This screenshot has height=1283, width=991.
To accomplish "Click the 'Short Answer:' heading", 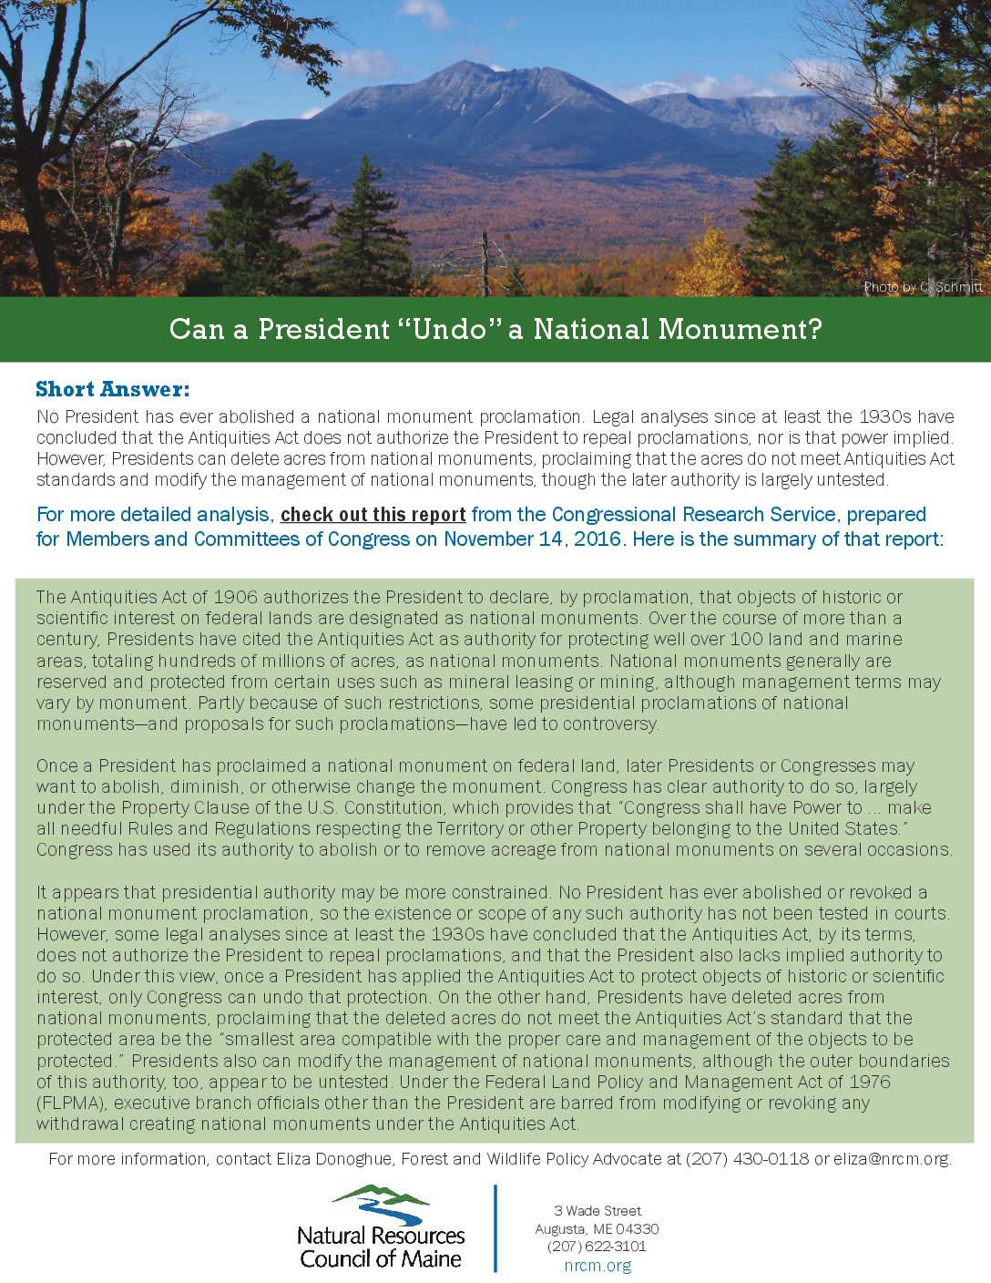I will tap(113, 390).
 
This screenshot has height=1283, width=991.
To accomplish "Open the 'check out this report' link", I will tap(373, 515).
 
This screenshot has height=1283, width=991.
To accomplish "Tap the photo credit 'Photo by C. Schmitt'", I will tap(923, 287).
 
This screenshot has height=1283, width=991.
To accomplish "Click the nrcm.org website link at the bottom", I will tap(597, 1265).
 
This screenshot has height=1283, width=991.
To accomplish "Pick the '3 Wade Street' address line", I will tap(598, 1211).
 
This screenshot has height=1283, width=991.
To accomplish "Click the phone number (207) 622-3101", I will tap(597, 1247).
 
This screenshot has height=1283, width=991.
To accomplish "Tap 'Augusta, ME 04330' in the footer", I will tap(597, 1229).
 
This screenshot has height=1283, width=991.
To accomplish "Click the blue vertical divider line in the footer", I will tap(495, 1227).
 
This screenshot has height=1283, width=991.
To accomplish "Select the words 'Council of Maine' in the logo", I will tap(381, 1259).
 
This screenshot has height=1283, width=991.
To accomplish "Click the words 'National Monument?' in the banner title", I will tap(678, 329).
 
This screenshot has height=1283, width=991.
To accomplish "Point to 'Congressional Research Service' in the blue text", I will tap(693, 515).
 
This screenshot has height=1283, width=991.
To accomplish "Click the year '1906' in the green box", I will tap(235, 598).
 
